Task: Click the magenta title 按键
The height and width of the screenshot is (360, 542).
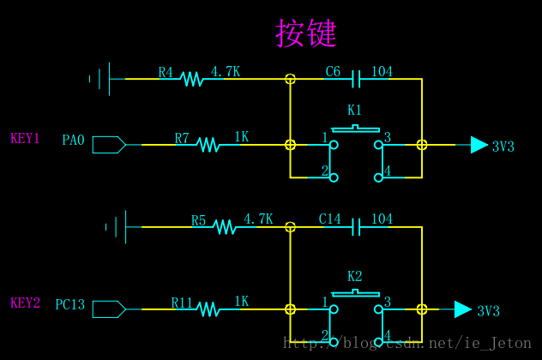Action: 305,33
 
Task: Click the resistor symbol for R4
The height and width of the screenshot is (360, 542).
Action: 190,79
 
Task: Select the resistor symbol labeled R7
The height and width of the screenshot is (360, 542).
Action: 208,145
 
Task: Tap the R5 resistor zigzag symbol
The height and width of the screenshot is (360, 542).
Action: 224,227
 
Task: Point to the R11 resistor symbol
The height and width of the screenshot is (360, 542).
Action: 208,309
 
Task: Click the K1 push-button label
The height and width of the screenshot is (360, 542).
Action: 354,111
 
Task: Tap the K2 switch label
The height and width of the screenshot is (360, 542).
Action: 354,276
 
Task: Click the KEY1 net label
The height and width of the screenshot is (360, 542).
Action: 25,139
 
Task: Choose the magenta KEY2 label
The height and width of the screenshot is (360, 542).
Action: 25,303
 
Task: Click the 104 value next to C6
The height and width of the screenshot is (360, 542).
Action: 382,72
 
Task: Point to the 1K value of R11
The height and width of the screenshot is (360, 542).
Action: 241,302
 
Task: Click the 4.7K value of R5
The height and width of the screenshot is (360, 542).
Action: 257,219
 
